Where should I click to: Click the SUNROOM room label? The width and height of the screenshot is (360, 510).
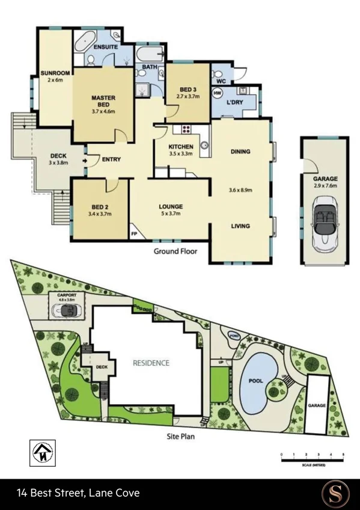pos(55,73)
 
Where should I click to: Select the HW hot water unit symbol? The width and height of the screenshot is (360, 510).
pos(218,93)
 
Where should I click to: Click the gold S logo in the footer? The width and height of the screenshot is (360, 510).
pos(334,493)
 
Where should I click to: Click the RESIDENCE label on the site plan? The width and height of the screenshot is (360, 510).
pos(151,363)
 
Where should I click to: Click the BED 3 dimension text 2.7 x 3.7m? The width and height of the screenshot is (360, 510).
pos(188,95)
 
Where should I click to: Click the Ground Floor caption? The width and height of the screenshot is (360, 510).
pos(175,251)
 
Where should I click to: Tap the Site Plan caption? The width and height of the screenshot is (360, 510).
pos(180,437)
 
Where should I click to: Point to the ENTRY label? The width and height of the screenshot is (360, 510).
pos(111,159)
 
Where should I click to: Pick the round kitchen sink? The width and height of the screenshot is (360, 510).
pos(204,145)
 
